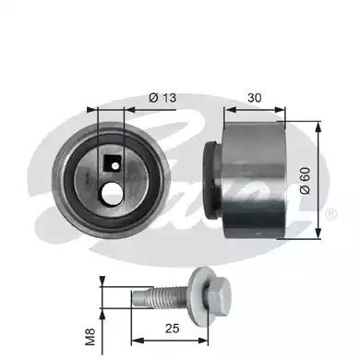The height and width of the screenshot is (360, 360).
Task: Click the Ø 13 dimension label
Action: [162, 98]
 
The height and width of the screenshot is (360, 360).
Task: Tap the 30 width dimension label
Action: [255, 98]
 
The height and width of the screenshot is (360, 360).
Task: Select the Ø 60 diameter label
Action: [305, 181]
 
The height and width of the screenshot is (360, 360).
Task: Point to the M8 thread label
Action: [90, 337]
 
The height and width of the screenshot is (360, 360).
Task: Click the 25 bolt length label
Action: [172, 329]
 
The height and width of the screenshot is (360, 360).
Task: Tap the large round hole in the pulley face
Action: [111, 194]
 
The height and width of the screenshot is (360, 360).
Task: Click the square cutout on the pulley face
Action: [112, 163]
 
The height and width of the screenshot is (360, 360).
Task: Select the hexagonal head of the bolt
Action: [219, 294]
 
